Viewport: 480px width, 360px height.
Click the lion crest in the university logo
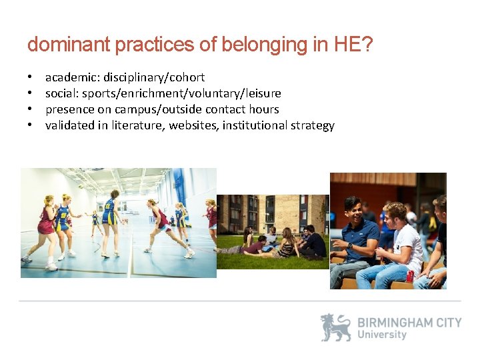(x=335, y=327)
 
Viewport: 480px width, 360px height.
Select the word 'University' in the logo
(x=382, y=335)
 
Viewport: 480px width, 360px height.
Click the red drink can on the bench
(x=410, y=276)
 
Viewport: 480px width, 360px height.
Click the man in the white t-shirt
(x=400, y=247)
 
